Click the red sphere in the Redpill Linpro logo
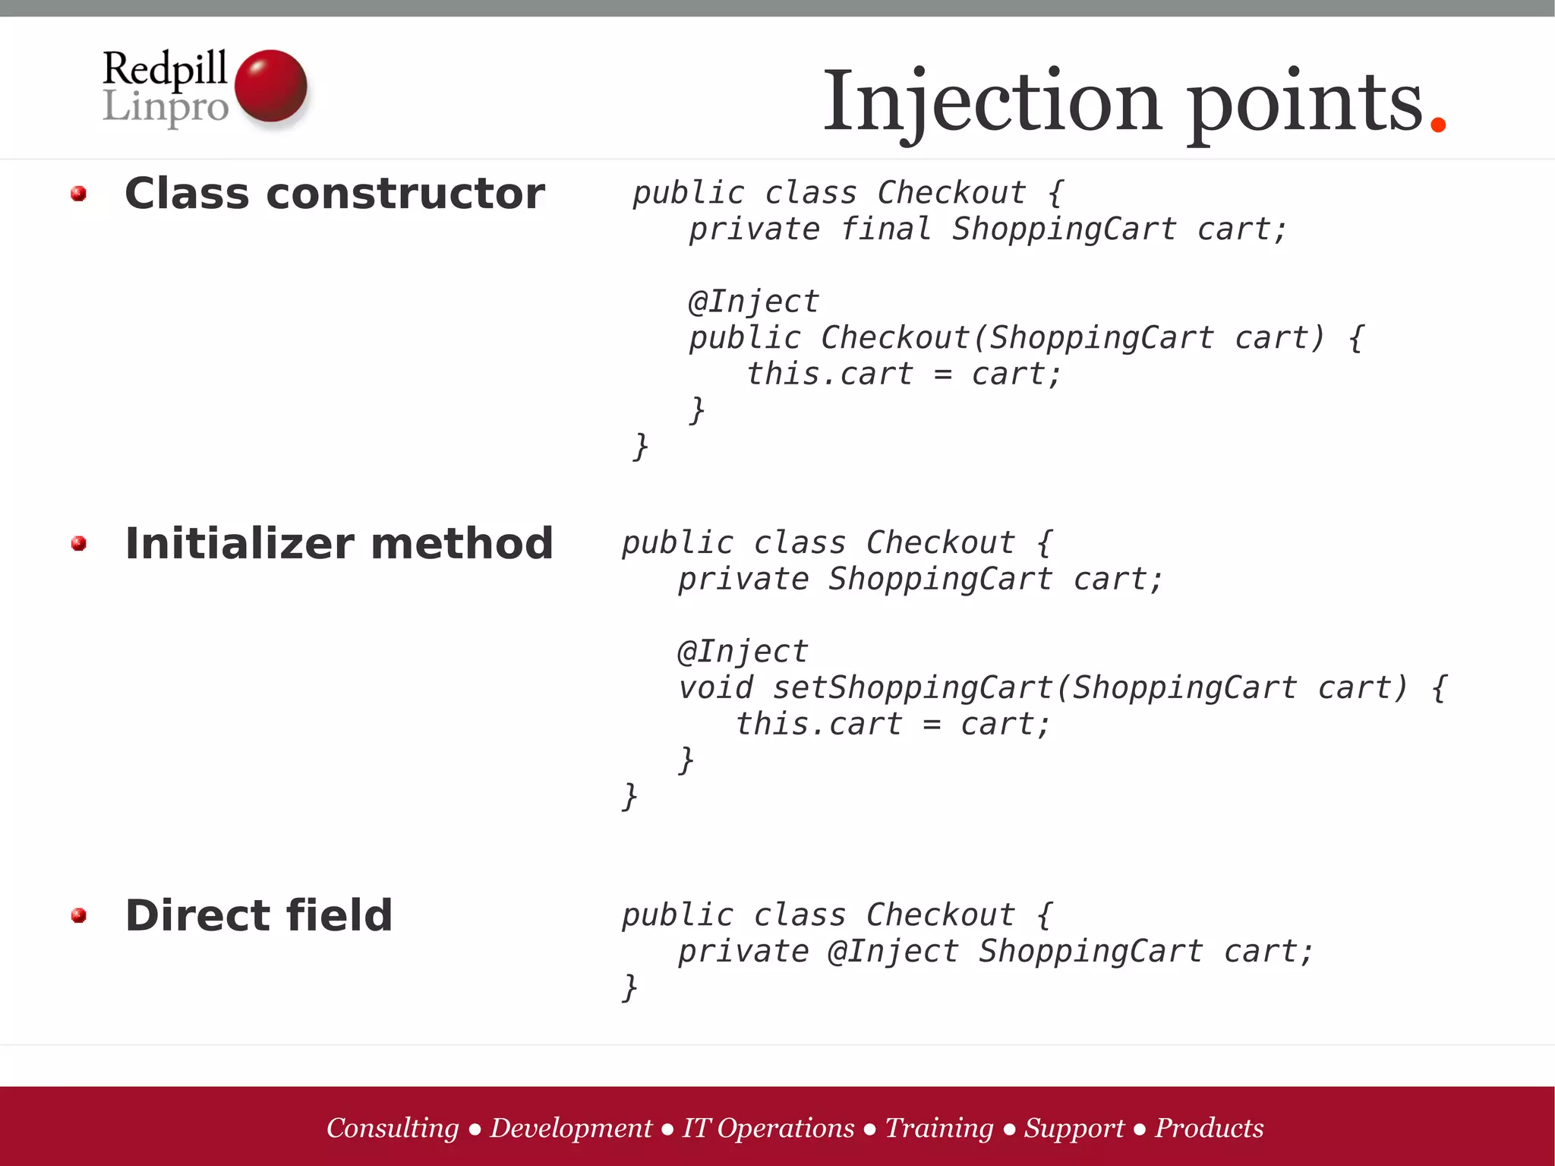click(270, 85)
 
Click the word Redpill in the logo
click(165, 68)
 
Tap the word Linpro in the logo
click(165, 107)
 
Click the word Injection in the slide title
click(992, 102)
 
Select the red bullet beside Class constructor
click(78, 194)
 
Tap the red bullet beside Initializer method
click(78, 544)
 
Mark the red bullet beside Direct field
click(78, 915)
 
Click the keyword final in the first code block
click(885, 229)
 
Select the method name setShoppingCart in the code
click(912, 688)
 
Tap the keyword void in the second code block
click(715, 688)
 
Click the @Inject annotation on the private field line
click(893, 952)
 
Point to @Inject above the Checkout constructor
click(753, 302)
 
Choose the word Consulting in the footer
click(393, 1128)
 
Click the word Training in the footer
click(939, 1128)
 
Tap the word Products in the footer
click(1209, 1128)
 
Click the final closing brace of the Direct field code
click(629, 988)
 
